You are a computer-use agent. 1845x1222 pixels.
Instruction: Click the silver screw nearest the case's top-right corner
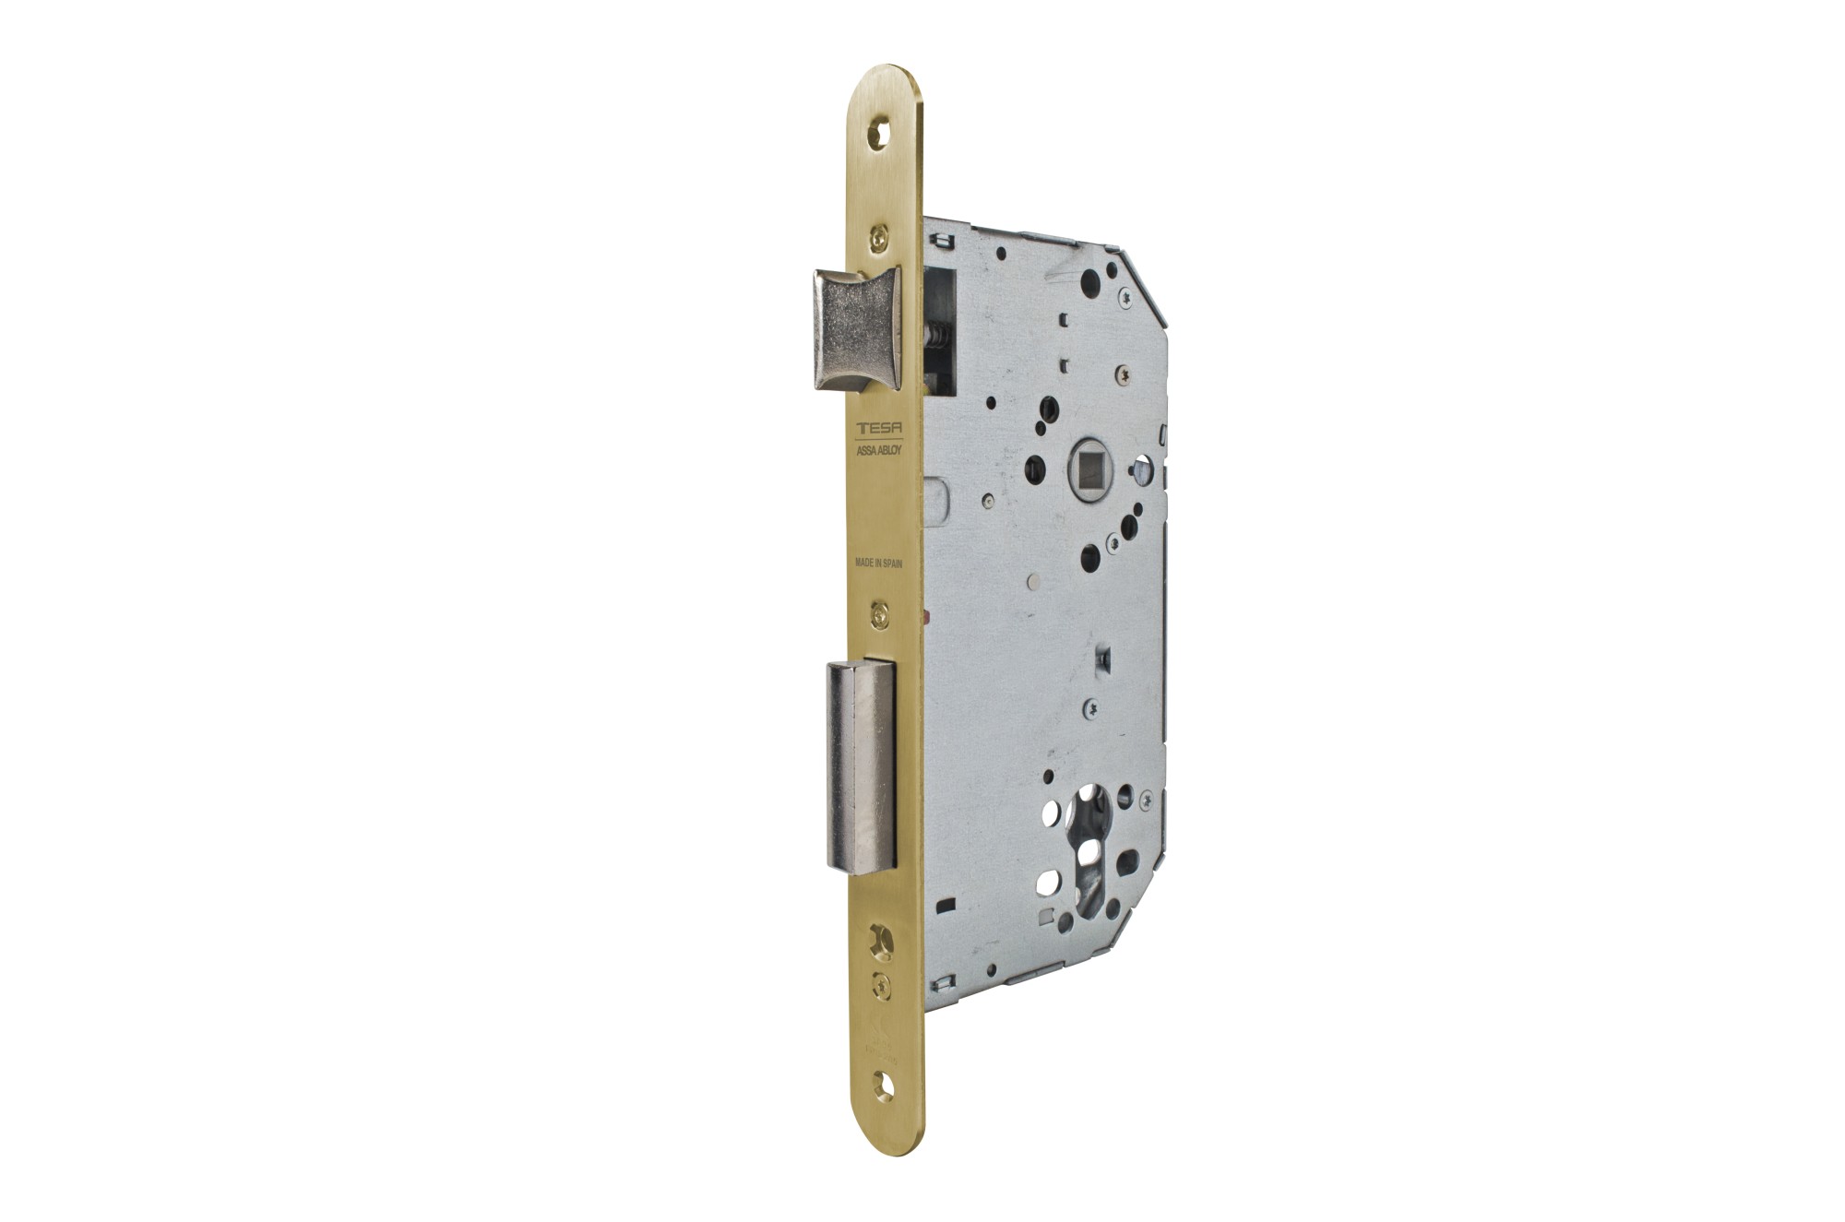(1127, 296)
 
